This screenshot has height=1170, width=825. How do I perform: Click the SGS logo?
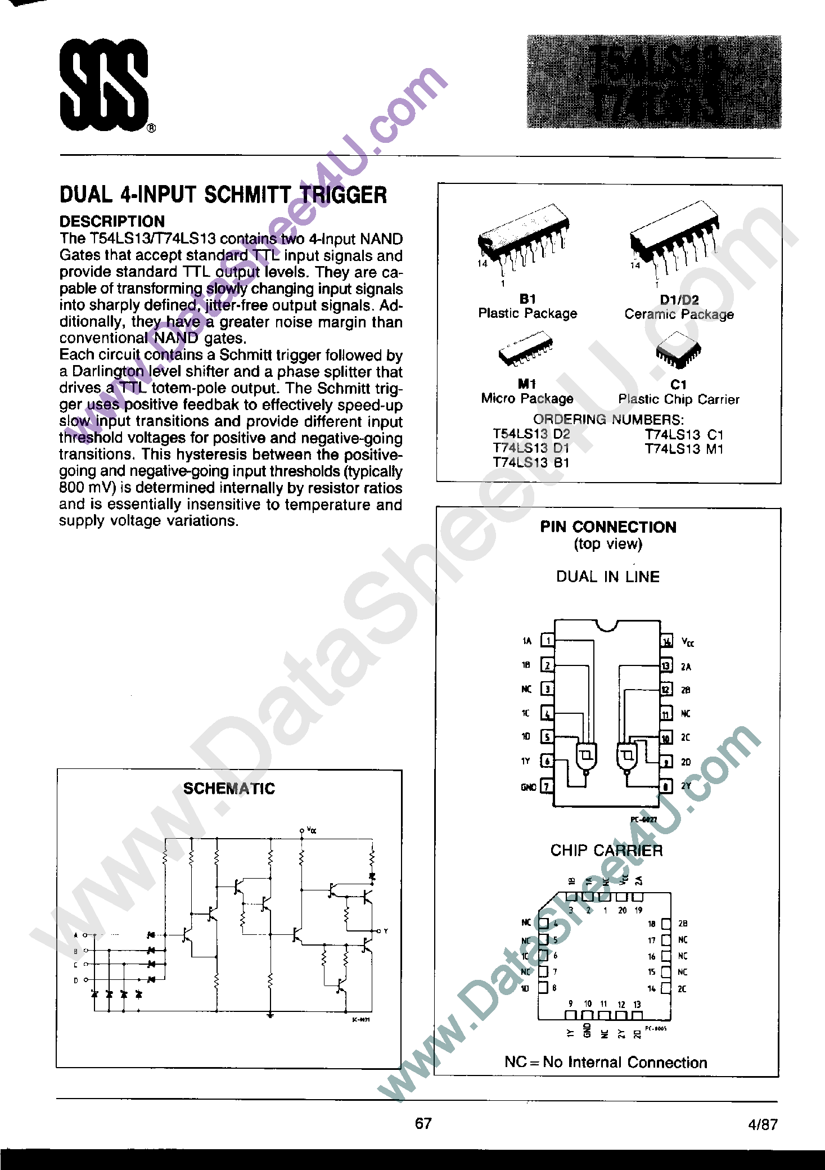click(x=104, y=85)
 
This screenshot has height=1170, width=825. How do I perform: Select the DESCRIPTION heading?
click(x=112, y=222)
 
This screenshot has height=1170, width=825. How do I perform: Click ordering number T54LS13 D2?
click(x=531, y=434)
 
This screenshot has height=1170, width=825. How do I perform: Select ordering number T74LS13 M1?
click(x=684, y=449)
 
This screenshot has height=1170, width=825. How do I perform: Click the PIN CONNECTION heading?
click(x=608, y=527)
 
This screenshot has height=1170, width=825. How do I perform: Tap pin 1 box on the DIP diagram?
click(x=547, y=641)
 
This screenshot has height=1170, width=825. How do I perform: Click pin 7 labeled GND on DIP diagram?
click(x=546, y=786)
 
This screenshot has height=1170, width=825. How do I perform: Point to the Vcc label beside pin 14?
click(x=687, y=642)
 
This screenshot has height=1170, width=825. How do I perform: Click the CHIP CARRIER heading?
click(x=606, y=850)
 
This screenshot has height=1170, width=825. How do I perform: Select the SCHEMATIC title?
click(x=229, y=789)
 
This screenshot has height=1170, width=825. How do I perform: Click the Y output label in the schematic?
click(x=386, y=931)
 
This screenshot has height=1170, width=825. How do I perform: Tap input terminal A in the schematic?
click(x=85, y=935)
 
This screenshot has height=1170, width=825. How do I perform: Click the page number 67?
click(x=423, y=1123)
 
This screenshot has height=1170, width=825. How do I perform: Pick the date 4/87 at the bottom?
click(x=763, y=1124)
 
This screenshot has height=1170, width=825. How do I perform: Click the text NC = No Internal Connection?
click(x=606, y=1063)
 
